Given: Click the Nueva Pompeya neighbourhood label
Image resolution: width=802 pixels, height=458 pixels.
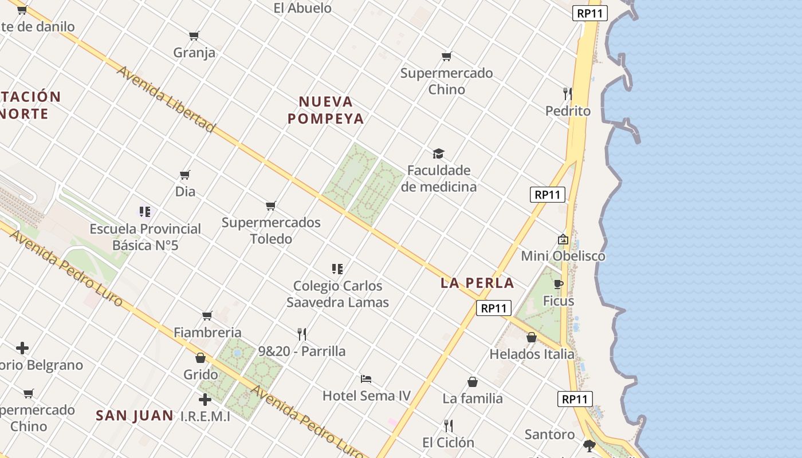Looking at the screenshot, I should tap(326, 110).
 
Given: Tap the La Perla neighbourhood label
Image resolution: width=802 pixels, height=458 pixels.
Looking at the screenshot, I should tap(477, 283).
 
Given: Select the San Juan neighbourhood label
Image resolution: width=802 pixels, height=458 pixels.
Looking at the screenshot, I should tap(135, 416).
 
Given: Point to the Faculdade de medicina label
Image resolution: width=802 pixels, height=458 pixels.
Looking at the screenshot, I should tap(439, 179).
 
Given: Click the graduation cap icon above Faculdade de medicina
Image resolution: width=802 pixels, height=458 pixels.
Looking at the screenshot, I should tap(439, 153).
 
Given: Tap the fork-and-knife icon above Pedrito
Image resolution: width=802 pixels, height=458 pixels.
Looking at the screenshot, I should tap(568, 93).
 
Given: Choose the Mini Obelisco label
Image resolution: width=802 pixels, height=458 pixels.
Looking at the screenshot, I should tap(563, 256).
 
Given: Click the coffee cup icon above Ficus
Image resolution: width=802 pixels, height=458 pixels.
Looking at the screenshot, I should tap(559, 284).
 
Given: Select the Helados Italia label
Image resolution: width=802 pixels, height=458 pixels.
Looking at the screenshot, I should tap(532, 354).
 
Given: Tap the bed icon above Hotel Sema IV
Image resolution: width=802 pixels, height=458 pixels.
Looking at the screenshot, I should tap(366, 379).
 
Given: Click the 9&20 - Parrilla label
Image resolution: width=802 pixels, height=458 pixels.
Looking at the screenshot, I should tap(302, 351).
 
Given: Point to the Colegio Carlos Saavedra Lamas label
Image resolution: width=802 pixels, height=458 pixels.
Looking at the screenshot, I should tap(338, 294).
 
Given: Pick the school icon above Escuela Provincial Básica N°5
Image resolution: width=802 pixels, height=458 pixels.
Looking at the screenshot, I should tap(145, 212).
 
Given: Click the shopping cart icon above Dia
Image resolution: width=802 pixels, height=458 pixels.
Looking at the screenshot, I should tap(185, 175).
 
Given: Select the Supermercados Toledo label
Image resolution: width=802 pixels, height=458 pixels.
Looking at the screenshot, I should tap(271, 230).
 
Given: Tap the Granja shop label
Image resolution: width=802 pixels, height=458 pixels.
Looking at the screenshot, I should tap(195, 53).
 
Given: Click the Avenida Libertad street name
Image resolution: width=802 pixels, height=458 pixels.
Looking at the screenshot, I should tap(166, 99).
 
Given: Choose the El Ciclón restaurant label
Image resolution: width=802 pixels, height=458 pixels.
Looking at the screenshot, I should tap(449, 443).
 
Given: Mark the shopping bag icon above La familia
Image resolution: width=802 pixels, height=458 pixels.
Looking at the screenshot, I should tap(473, 382).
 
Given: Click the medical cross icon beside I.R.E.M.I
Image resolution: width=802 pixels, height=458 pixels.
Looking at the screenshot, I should tap(205, 400).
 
